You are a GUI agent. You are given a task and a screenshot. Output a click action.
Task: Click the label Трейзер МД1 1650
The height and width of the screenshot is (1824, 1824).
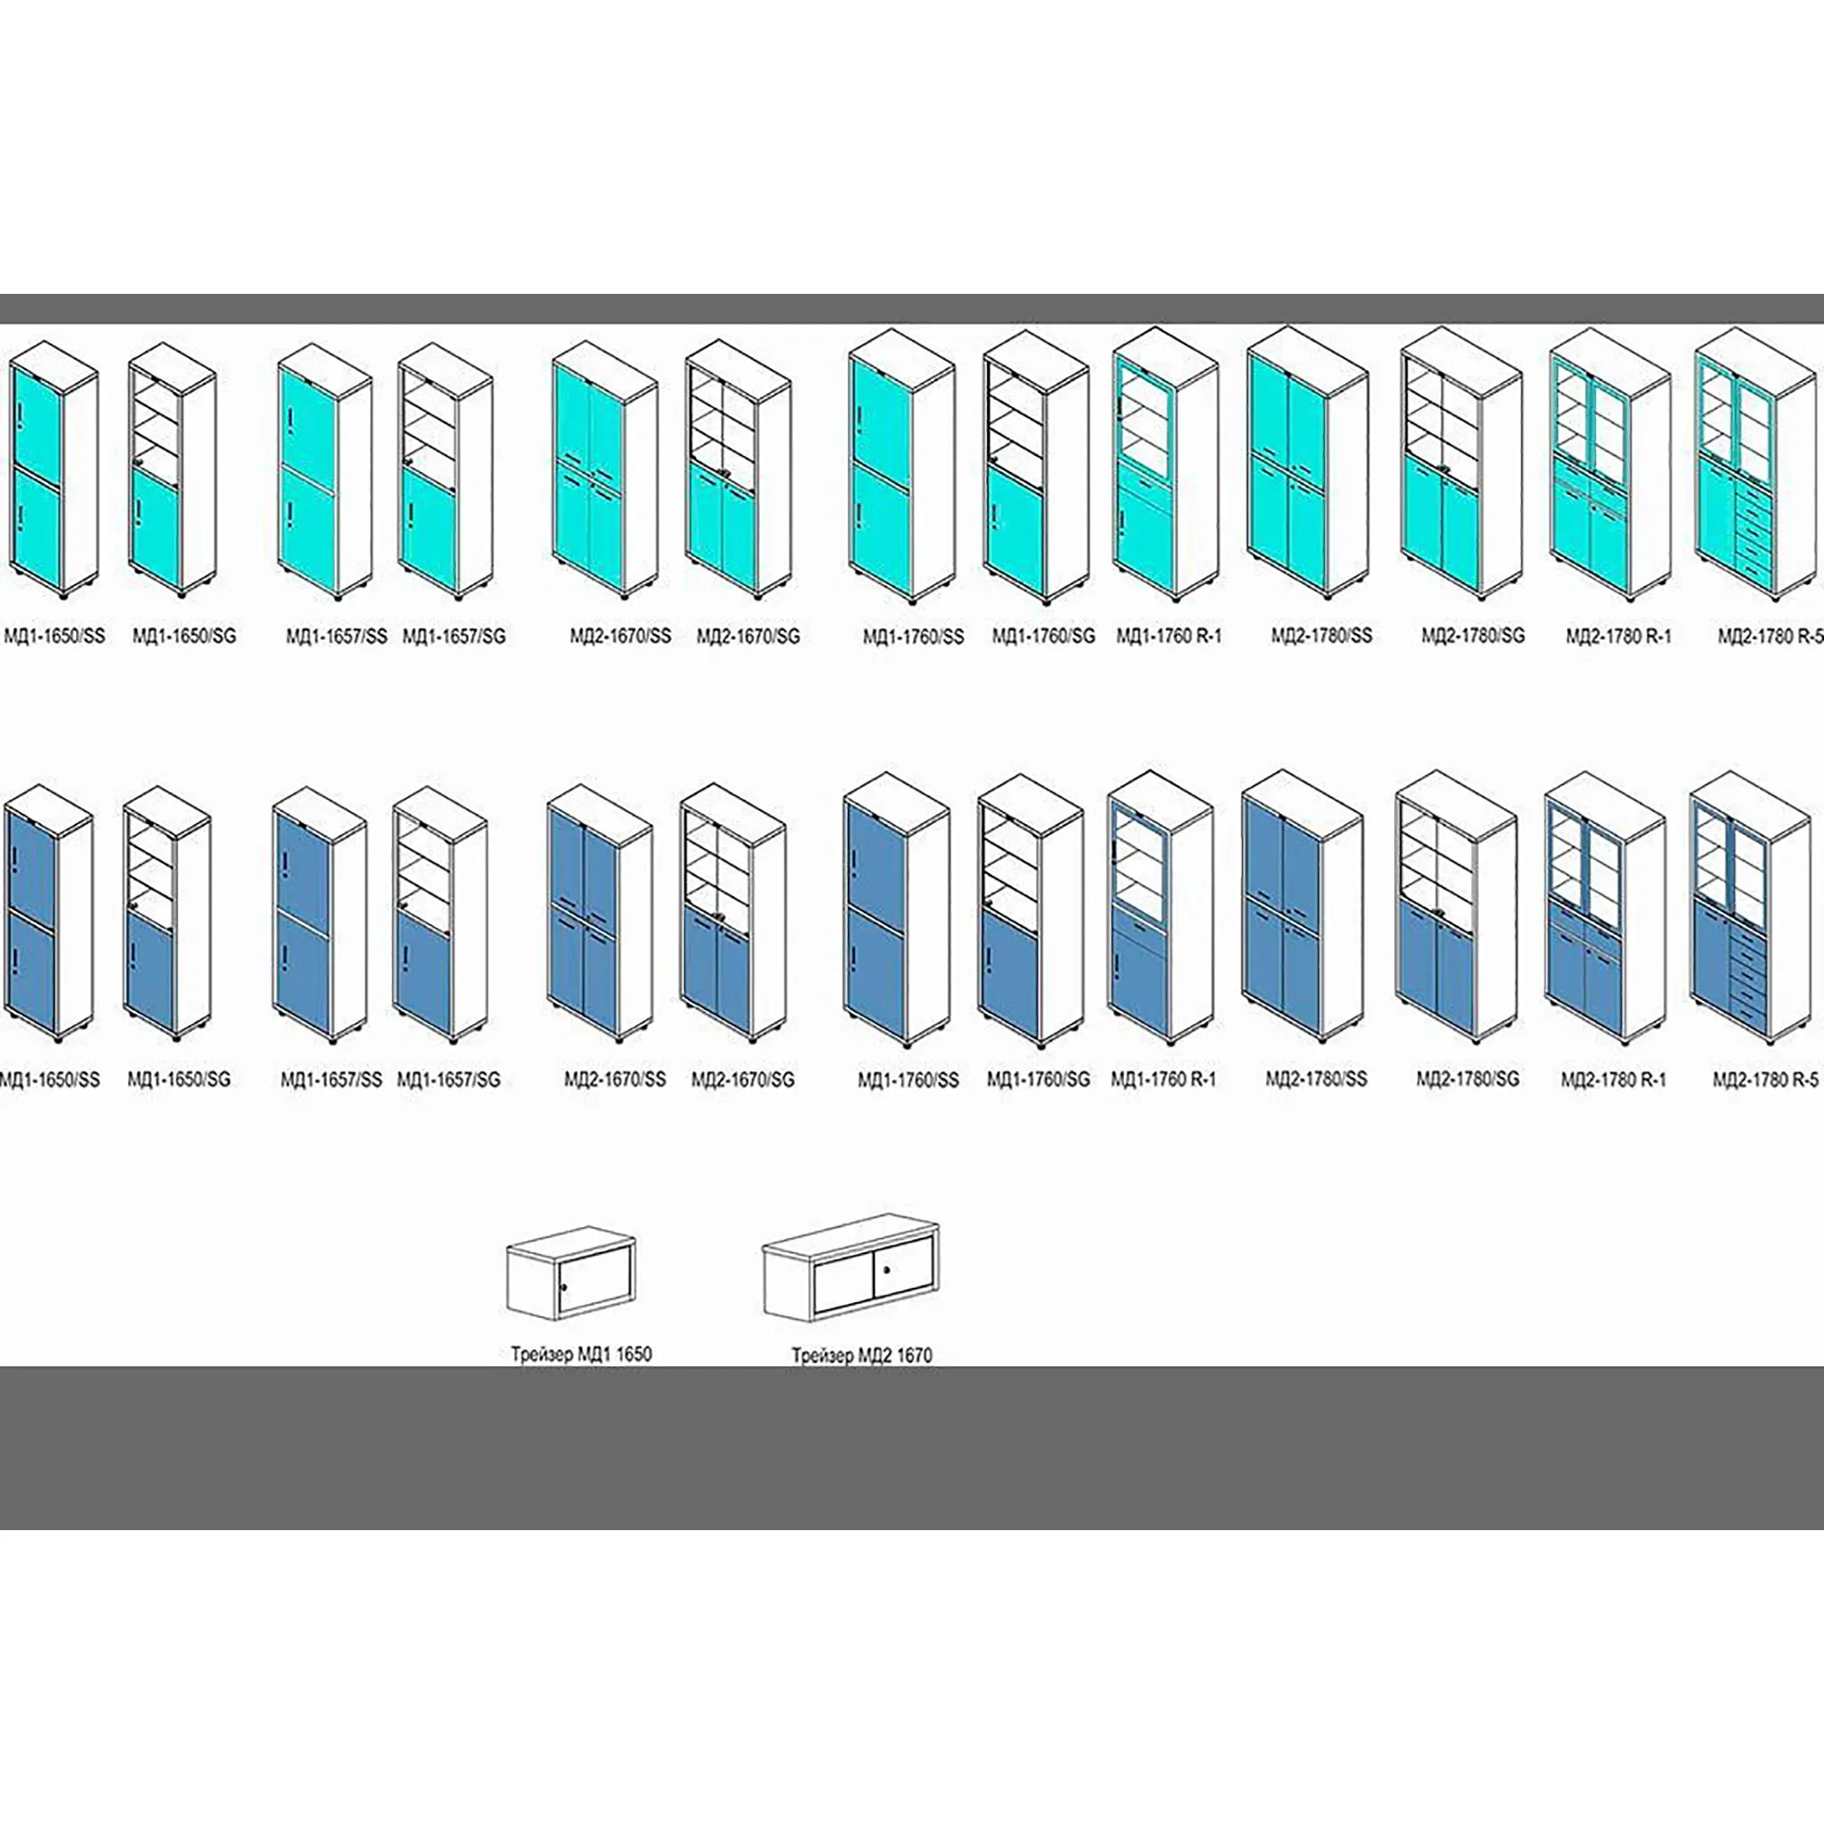click(x=581, y=1354)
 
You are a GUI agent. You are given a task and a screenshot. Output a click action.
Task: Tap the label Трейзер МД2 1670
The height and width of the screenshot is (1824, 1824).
click(x=861, y=1355)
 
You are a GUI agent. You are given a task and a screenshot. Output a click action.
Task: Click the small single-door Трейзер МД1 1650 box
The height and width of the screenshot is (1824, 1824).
click(x=571, y=1275)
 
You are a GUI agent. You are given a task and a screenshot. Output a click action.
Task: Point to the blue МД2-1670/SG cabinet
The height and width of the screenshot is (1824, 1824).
click(x=731, y=912)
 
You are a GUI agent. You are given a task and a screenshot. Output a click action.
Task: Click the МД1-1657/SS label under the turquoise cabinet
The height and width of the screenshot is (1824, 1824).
click(x=336, y=637)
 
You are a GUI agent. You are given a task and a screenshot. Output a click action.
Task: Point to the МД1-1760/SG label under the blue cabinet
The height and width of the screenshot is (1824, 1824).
click(x=1038, y=1079)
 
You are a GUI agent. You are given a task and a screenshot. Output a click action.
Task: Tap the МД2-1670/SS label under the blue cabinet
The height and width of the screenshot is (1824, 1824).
click(x=615, y=1079)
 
